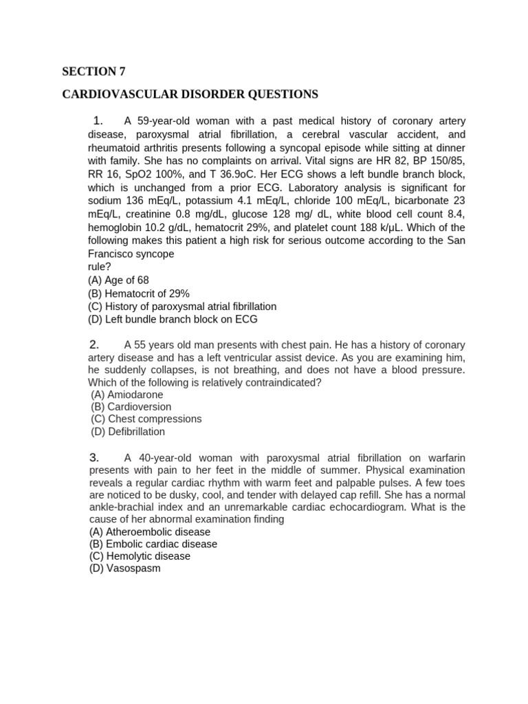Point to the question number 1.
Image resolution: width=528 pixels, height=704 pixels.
(x=98, y=122)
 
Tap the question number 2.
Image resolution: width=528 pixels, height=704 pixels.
(x=95, y=344)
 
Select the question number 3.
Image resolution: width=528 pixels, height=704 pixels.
(x=95, y=457)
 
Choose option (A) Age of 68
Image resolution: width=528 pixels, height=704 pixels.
(x=118, y=280)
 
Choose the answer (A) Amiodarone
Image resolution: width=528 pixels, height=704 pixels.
(x=127, y=395)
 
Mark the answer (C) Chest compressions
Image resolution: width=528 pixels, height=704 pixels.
(x=146, y=419)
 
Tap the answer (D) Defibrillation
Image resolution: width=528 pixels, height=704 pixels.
(x=128, y=432)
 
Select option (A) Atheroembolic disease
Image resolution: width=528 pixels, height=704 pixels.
(x=150, y=532)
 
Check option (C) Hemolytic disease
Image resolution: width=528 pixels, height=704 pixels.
(x=140, y=556)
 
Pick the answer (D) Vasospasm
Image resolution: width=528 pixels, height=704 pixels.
(x=124, y=569)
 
